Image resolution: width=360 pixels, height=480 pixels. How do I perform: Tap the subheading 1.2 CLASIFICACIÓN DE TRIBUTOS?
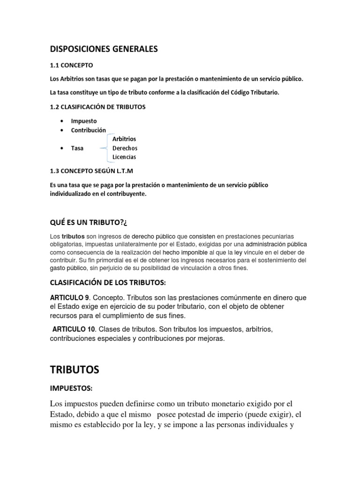pyautogui.click(x=97, y=107)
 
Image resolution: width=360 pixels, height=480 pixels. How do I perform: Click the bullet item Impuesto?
pyautogui.click(x=84, y=121)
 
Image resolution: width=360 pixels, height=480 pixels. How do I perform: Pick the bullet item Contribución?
pyautogui.click(x=89, y=130)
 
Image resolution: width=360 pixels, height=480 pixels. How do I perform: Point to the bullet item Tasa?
pyautogui.click(x=77, y=148)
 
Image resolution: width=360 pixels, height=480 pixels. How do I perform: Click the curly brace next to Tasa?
pyautogui.click(x=104, y=148)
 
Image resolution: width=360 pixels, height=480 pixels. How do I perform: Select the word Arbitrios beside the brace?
pyautogui.click(x=124, y=139)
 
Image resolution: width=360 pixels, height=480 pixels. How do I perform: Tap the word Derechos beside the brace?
pyautogui.click(x=125, y=148)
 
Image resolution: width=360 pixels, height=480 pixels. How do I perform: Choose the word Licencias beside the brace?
pyautogui.click(x=124, y=157)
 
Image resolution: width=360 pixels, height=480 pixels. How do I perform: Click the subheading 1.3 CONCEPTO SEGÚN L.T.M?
pyautogui.click(x=94, y=171)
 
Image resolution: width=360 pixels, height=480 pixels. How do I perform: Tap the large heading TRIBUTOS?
pyautogui.click(x=75, y=369)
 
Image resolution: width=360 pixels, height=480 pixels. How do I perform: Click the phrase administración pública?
pyautogui.click(x=277, y=244)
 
